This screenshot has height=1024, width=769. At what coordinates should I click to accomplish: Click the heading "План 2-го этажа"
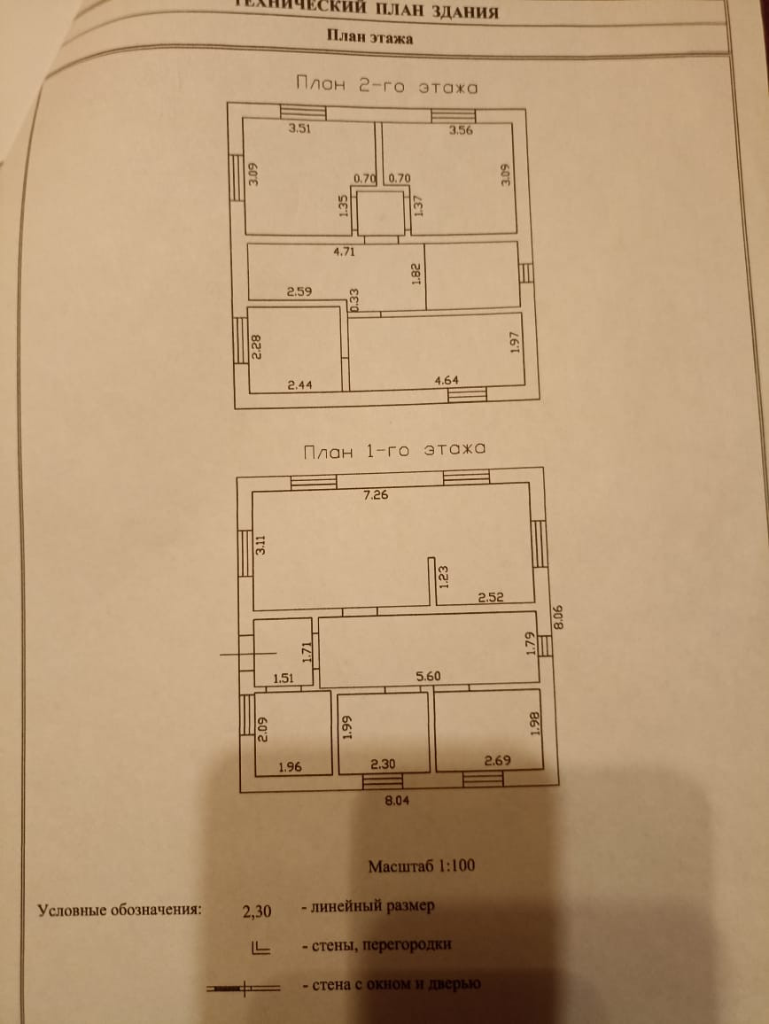point(385,87)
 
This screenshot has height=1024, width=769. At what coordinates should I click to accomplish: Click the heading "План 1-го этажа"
point(394,450)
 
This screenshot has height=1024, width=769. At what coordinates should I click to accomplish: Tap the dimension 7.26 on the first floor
point(377,495)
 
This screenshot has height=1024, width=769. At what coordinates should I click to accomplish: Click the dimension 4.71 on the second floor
point(344,252)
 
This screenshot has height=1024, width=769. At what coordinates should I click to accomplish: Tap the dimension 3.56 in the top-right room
point(462,130)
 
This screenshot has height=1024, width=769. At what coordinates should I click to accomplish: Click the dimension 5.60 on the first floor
point(429,676)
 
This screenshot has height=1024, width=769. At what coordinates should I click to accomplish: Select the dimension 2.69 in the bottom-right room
point(497,760)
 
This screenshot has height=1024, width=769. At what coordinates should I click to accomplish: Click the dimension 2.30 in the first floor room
point(383,764)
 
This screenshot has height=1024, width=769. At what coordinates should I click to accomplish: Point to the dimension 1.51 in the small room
point(283,679)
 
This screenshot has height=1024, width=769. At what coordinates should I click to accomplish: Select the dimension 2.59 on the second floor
point(299,290)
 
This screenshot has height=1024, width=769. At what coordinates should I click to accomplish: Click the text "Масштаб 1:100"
point(421,865)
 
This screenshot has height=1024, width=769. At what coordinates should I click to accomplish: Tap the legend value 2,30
point(257,910)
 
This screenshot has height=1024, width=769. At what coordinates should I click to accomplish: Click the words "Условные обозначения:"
point(120,910)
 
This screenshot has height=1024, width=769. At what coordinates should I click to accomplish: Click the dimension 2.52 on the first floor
point(492,598)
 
